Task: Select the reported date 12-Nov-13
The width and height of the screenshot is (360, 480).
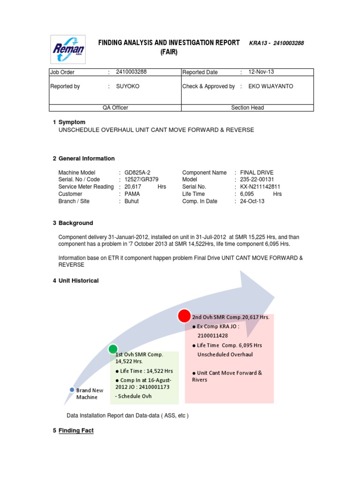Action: click(x=262, y=72)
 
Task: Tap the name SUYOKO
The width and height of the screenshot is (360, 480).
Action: click(x=127, y=86)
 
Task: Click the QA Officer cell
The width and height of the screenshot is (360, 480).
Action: click(x=115, y=108)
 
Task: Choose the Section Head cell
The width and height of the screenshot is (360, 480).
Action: click(x=247, y=108)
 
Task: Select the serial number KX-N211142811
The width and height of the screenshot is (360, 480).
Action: click(x=261, y=187)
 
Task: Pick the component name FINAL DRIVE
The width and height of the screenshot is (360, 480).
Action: click(x=257, y=172)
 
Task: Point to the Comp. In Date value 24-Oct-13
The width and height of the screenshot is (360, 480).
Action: click(x=252, y=201)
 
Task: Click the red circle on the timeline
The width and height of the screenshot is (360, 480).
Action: click(x=184, y=316)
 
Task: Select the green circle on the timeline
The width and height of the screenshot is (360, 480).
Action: click(x=113, y=349)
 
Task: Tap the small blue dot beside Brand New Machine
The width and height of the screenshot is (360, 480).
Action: click(x=72, y=390)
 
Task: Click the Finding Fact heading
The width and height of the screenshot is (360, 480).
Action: click(x=76, y=430)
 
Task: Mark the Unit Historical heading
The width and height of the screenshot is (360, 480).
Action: click(x=78, y=281)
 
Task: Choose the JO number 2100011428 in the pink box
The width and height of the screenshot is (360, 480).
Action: click(x=213, y=336)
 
